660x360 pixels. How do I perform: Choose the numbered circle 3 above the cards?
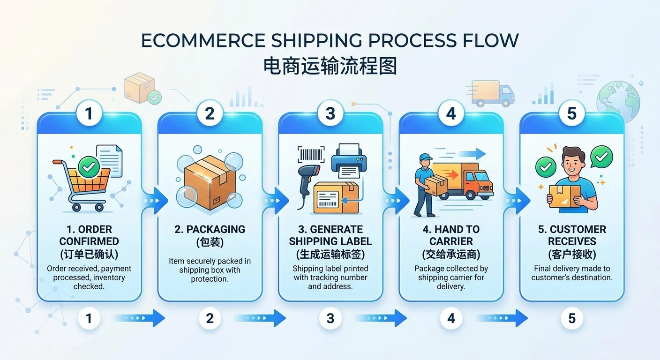[330, 113]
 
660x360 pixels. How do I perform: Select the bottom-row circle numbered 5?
[572, 319]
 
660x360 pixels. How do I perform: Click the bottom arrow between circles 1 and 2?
[140, 318]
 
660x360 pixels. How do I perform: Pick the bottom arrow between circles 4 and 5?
[502, 318]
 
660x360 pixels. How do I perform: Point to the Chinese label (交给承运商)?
[451, 255]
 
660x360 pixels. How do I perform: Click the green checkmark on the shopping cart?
[89, 165]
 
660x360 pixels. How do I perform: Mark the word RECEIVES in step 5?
[572, 241]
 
